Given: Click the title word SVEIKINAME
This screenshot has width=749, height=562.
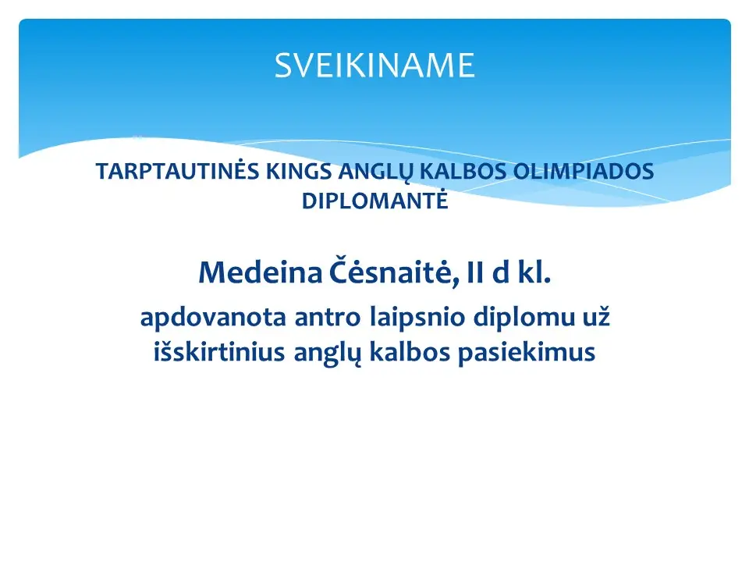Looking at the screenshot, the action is point(374,65).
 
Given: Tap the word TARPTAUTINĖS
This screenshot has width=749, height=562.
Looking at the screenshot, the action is point(177,171).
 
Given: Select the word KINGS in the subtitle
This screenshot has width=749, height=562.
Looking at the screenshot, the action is point(299,172).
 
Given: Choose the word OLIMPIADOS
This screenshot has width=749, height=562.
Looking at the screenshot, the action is point(584,172).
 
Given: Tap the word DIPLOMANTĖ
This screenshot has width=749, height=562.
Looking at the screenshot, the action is point(375,201).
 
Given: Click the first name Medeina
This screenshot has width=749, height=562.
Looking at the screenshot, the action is point(261,272).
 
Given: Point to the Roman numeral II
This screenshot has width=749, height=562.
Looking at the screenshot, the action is point(475,272).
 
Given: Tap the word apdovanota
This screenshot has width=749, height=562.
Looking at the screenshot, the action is point(213,318).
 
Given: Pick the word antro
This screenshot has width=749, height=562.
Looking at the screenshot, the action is point(327,318).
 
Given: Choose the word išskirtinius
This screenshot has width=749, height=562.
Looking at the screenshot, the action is point(219,352).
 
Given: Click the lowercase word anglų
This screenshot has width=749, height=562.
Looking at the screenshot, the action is point(327,354).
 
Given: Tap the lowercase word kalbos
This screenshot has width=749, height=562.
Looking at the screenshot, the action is point(410,352).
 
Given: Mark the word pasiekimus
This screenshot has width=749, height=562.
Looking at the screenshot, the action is point(527,353).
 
